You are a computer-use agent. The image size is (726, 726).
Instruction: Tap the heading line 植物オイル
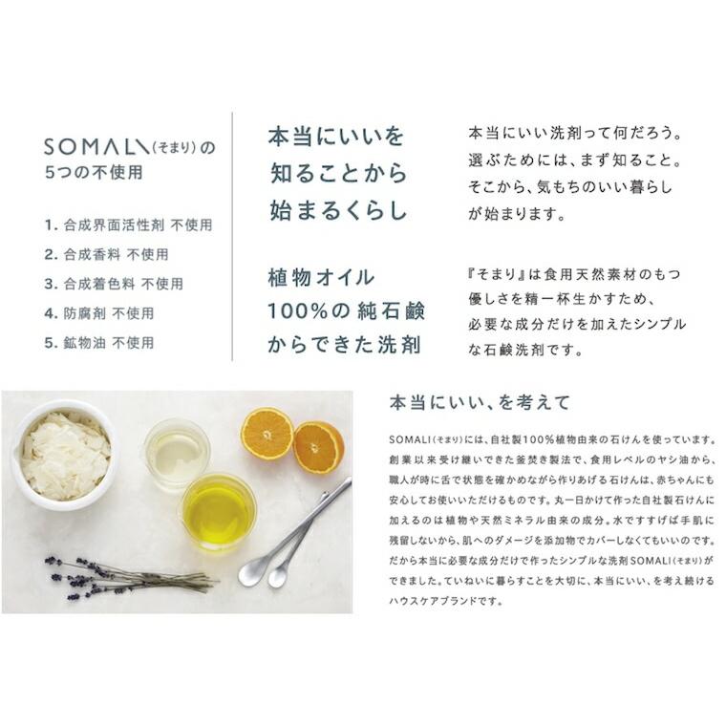(x=321, y=278)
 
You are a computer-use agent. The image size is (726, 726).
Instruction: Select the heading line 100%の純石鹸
(x=346, y=311)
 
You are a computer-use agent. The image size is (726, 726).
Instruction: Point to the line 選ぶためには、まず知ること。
(x=577, y=157)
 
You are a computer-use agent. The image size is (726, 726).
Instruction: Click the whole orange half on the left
(x=267, y=434)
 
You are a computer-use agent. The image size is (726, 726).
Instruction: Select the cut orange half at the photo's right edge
(x=318, y=446)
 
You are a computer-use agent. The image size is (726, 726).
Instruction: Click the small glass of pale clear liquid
(x=177, y=455)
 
